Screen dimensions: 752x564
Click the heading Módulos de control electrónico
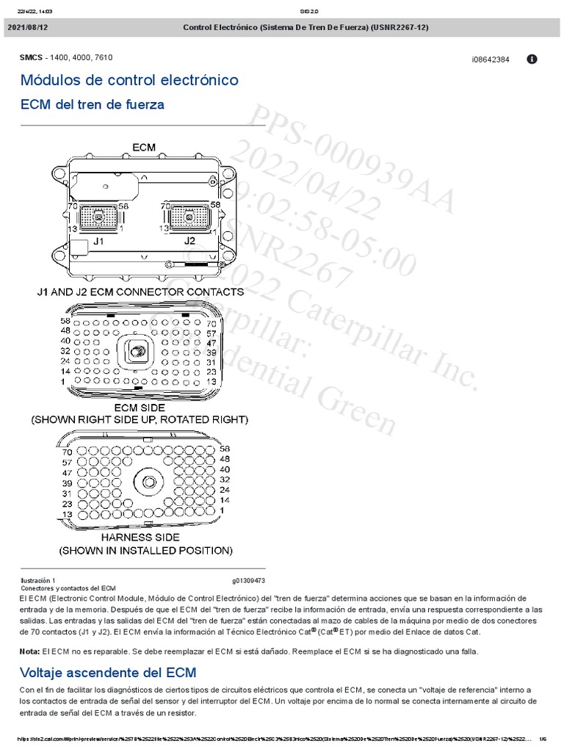[x=129, y=80]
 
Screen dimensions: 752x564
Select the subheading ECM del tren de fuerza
[x=93, y=105]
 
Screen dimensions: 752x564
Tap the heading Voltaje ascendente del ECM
[x=108, y=672]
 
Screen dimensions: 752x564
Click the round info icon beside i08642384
[x=532, y=59]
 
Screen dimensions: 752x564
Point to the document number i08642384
[x=491, y=59]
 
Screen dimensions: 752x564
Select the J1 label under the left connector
[x=98, y=240]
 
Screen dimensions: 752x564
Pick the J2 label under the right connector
[x=189, y=240]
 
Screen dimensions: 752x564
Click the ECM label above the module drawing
[x=144, y=147]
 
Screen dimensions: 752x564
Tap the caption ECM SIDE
[x=139, y=407]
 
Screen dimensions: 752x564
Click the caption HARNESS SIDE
[x=145, y=537]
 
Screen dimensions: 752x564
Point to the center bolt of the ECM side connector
[x=137, y=352]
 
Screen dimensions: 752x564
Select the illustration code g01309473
[x=249, y=580]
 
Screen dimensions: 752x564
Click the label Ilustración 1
[x=37, y=580]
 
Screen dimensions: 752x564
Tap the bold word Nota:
[x=29, y=651]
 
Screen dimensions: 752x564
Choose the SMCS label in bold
[x=32, y=57]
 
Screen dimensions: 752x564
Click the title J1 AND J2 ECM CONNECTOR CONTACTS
[x=141, y=292]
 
